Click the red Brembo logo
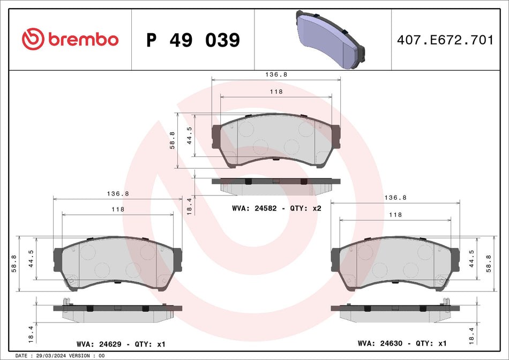point(70,39)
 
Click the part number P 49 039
point(193,40)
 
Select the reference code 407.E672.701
point(445,40)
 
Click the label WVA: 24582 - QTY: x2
point(276,208)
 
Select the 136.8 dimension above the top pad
point(276,74)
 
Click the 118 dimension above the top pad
point(276,92)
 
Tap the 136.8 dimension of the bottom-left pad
point(117,194)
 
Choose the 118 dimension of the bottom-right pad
point(395,214)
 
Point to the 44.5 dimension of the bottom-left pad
point(32,258)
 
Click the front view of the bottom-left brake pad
point(117,264)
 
